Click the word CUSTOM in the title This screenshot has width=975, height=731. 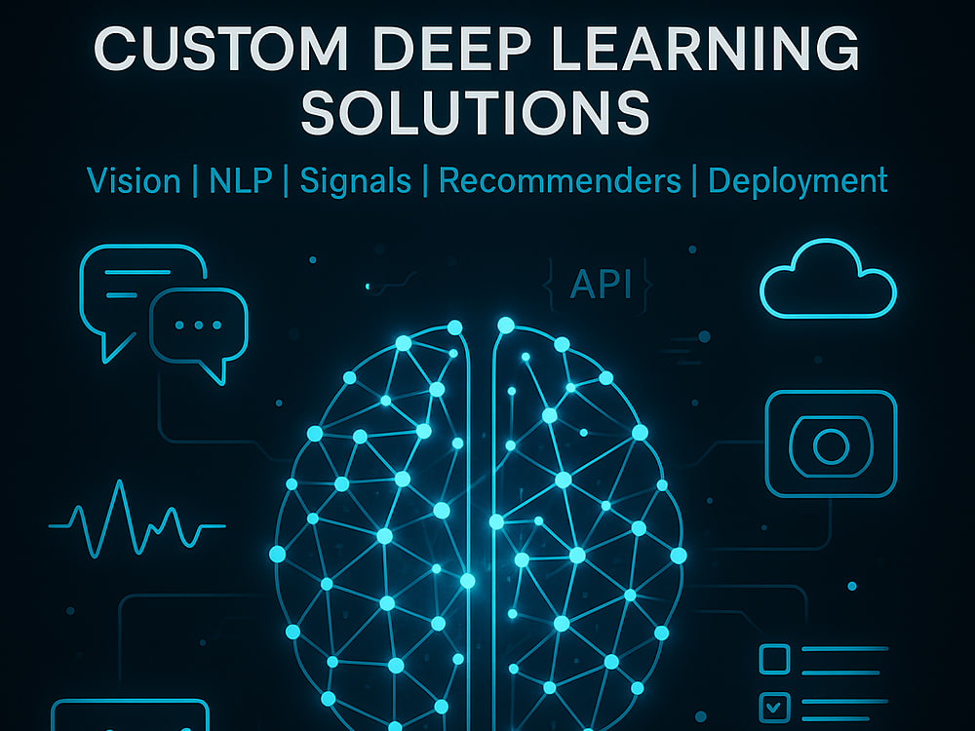220,49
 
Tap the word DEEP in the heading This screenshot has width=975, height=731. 452,49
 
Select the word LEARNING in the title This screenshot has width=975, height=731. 705,49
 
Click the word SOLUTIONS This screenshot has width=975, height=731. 476,112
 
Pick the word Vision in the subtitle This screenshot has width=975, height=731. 134,181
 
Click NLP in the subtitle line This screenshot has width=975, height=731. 241,181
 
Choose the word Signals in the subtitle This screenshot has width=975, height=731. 355,182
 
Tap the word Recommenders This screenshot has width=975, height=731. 560,181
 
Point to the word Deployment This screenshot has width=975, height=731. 798,182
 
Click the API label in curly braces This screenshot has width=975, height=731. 601,285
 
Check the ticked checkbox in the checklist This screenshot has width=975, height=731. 775,707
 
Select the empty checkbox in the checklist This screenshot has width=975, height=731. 775,659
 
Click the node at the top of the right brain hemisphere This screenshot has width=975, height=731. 506,326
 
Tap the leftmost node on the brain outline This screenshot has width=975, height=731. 277,554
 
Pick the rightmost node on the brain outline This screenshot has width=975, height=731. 679,556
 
